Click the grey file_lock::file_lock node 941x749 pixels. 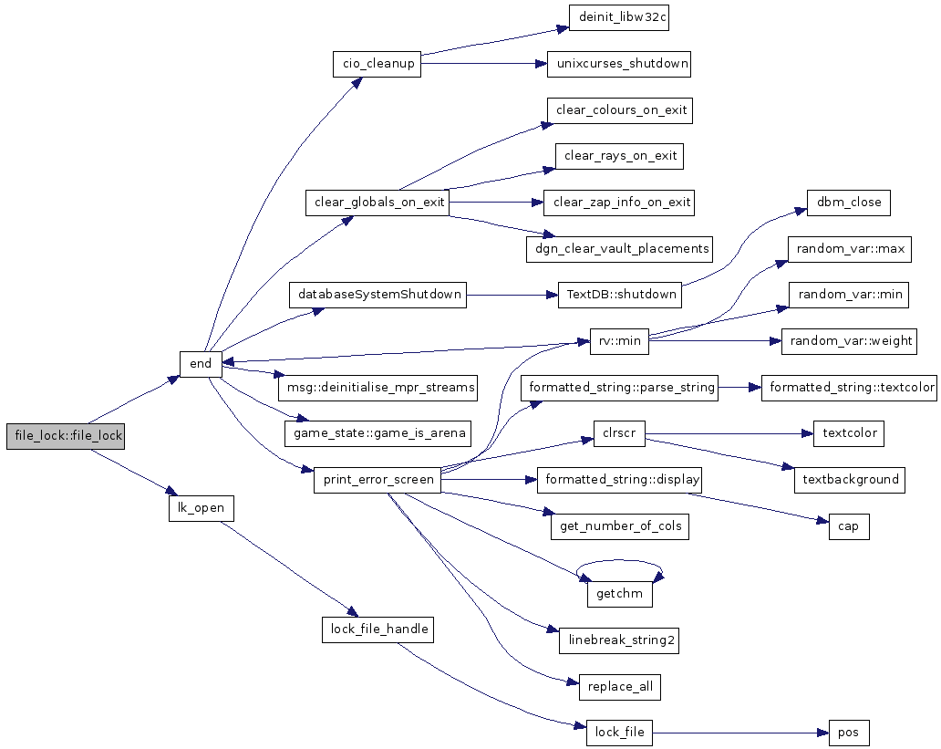coord(66,436)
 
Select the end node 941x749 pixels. coord(201,364)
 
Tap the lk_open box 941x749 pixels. coord(201,508)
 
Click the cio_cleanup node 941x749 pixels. coord(377,64)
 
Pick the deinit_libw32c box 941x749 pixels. coord(619,18)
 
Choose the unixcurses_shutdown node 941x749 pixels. coord(619,64)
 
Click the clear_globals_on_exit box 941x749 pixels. coord(377,203)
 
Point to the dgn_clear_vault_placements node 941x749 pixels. coord(619,249)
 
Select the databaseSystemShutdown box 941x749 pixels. coord(377,295)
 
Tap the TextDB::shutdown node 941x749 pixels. coord(619,295)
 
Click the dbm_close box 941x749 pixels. coord(849,203)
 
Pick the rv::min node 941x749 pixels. coord(619,341)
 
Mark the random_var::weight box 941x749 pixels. coord(849,341)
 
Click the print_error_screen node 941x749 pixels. coord(377,480)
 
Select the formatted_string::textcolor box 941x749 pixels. coord(849,388)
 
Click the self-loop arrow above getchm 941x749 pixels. coord(619,561)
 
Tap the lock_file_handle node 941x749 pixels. coord(377,629)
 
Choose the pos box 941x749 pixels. coord(849,733)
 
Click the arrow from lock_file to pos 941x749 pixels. coord(740,733)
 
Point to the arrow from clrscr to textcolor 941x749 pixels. coord(729,433)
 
